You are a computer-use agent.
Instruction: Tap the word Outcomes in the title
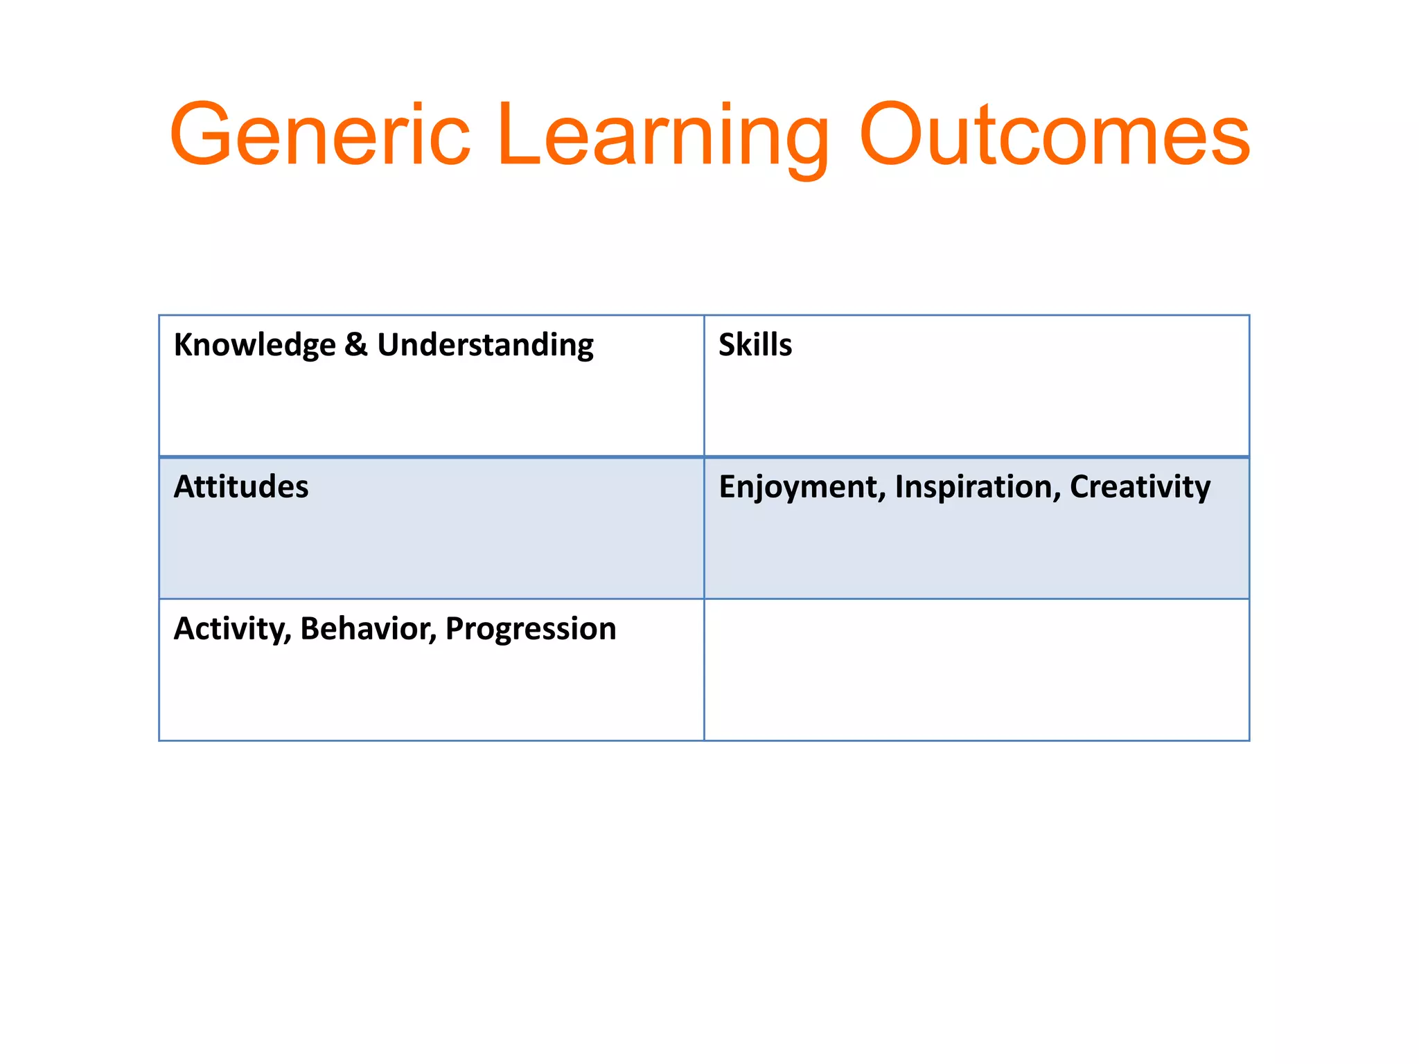click(1055, 135)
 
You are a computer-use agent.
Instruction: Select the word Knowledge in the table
click(254, 345)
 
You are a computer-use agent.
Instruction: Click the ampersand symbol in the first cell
click(356, 344)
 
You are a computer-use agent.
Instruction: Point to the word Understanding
click(485, 345)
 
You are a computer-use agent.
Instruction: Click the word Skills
click(755, 344)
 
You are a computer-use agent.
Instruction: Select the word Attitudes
click(241, 486)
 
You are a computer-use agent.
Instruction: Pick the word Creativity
click(1140, 487)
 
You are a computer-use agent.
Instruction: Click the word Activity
click(230, 629)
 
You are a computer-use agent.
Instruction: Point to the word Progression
click(531, 629)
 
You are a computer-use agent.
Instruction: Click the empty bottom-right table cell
click(976, 670)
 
